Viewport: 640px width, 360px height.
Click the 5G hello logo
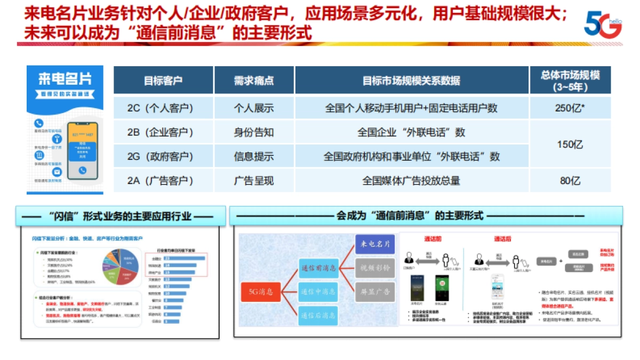click(603, 25)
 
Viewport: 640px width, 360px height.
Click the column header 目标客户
click(163, 81)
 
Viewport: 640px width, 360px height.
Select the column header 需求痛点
click(254, 81)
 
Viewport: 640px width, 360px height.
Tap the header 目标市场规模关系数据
click(411, 81)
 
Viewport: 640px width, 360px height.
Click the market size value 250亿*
click(570, 108)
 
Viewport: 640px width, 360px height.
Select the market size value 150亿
click(570, 145)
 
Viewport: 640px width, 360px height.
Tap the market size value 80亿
click(570, 181)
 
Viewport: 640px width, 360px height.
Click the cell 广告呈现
click(254, 181)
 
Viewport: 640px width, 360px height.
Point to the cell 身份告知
click(254, 132)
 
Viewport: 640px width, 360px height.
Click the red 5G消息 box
click(261, 291)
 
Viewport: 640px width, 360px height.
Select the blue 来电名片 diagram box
click(375, 244)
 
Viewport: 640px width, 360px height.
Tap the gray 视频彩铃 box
click(375, 268)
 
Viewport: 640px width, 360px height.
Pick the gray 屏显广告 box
click(375, 292)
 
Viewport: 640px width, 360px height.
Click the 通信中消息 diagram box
click(318, 291)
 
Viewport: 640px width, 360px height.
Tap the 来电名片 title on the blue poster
click(65, 78)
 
